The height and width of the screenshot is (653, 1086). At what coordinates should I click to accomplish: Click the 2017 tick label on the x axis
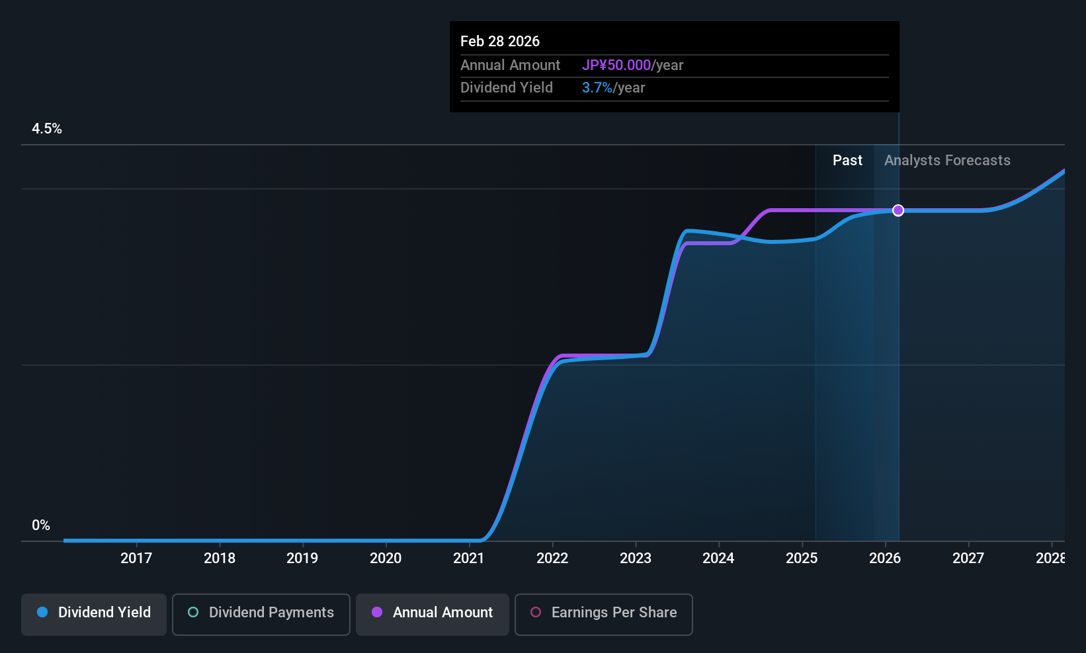pos(136,558)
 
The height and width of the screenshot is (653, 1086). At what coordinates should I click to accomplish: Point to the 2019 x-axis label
pos(302,558)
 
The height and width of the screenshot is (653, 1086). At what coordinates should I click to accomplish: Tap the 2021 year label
pos(469,558)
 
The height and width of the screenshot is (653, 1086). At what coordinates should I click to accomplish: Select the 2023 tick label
pos(636,558)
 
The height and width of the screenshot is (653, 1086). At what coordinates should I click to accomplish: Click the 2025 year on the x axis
pos(802,558)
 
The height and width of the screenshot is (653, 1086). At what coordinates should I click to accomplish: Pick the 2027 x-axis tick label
pos(968,558)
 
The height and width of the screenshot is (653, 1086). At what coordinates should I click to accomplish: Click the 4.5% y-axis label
pos(47,129)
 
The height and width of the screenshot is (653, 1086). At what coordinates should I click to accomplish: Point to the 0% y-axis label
pos(41,525)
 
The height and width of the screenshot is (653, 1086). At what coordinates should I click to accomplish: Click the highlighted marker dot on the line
pos(898,210)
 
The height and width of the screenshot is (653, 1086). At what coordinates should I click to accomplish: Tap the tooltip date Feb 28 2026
pos(500,41)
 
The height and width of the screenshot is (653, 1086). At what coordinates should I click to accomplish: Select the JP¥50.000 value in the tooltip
pos(616,65)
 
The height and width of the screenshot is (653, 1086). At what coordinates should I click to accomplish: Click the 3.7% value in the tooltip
pos(597,88)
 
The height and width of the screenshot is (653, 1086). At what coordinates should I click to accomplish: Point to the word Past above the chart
pos(847,161)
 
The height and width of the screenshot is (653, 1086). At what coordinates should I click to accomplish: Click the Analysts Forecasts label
pos(947,161)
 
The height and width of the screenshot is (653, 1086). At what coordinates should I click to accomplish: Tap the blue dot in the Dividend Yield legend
pos(42,612)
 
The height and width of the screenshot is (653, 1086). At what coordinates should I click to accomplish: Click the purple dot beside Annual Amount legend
pos(377,612)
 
